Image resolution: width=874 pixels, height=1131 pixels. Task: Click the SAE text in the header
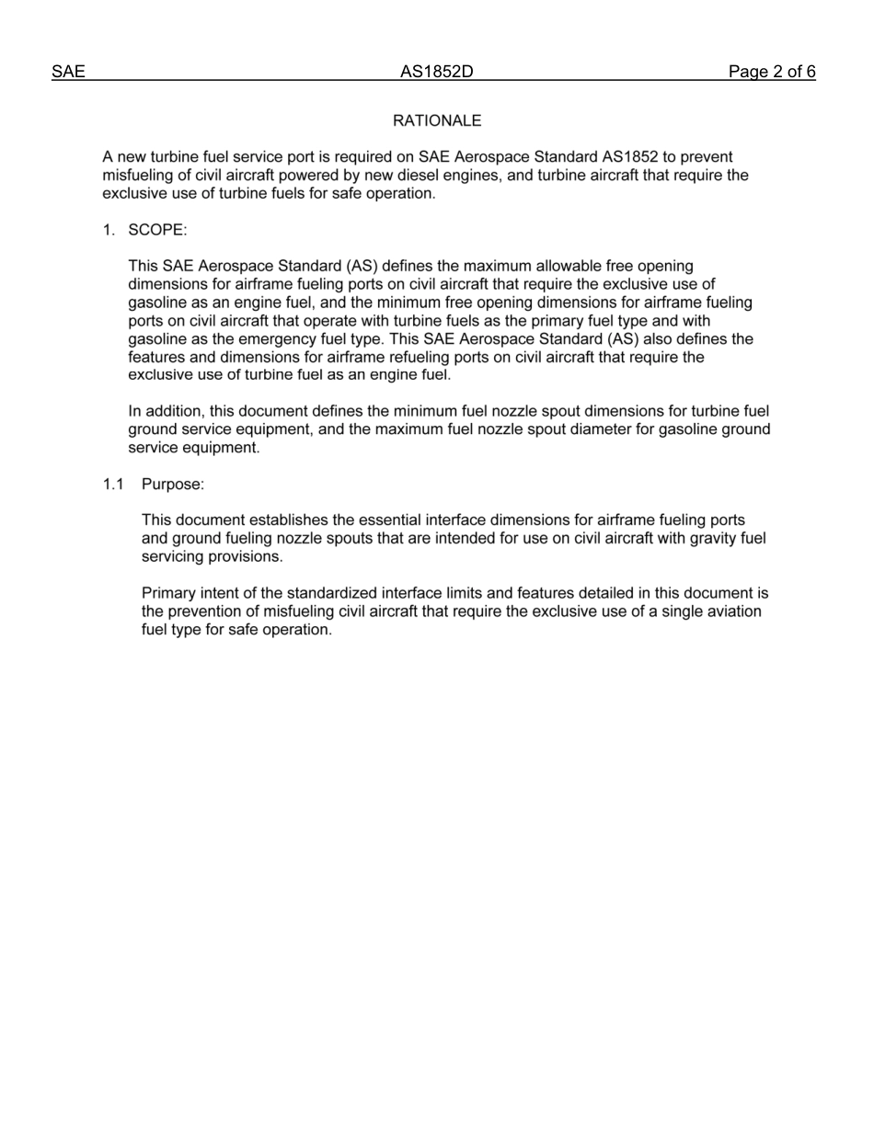pos(68,72)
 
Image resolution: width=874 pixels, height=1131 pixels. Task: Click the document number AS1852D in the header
pos(436,72)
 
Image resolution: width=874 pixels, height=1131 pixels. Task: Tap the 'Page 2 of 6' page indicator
pos(772,72)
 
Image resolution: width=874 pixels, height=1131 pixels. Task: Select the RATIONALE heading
pos(437,120)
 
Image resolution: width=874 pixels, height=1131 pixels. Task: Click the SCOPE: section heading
pos(157,230)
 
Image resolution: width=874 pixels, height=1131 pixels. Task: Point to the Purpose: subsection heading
pos(173,484)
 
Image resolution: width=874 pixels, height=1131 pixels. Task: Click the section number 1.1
pos(113,484)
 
